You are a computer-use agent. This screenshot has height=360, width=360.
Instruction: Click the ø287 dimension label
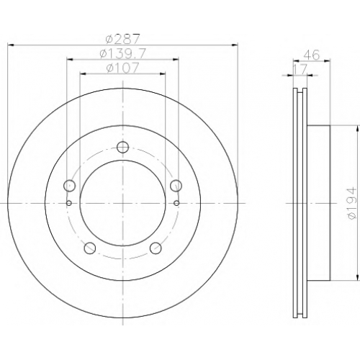pyautogui.click(x=122, y=39)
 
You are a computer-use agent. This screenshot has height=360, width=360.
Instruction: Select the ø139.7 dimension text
pyautogui.click(x=122, y=54)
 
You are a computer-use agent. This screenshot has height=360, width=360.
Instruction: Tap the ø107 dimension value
pyautogui.click(x=122, y=68)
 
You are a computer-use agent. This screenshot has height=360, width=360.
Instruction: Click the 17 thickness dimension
pyautogui.click(x=300, y=70)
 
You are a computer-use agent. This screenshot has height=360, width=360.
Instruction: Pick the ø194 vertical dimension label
pyautogui.click(x=352, y=203)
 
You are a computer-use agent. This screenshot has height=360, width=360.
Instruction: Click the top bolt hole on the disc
pyautogui.click(x=122, y=147)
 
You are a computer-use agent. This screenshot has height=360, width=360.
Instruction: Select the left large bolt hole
pyautogui.click(x=70, y=185)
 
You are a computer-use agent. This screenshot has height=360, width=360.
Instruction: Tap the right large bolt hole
pyautogui.click(x=176, y=185)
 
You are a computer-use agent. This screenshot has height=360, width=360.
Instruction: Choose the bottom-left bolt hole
pyautogui.click(x=90, y=248)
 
